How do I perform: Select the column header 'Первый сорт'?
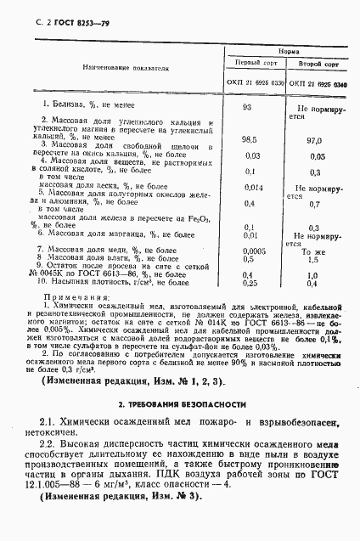point(255,63)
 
